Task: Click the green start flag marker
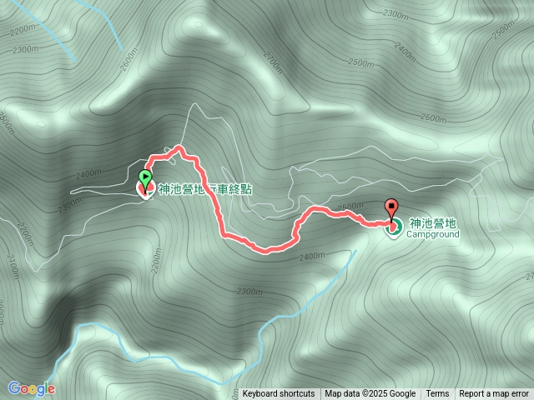point(145,177)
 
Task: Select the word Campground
point(433,234)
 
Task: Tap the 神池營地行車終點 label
point(204,189)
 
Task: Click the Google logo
point(31,388)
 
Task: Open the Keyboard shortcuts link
point(279,394)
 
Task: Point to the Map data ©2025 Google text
point(370,394)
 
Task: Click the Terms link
point(437,394)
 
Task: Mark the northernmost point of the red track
point(181,148)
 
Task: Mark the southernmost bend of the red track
point(265,249)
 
